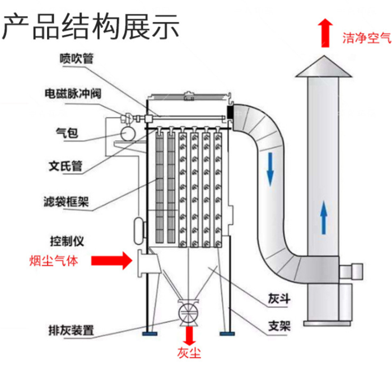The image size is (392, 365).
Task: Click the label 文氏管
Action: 66,166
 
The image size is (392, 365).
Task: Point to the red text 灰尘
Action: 189,353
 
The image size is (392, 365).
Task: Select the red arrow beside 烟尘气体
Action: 111,260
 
